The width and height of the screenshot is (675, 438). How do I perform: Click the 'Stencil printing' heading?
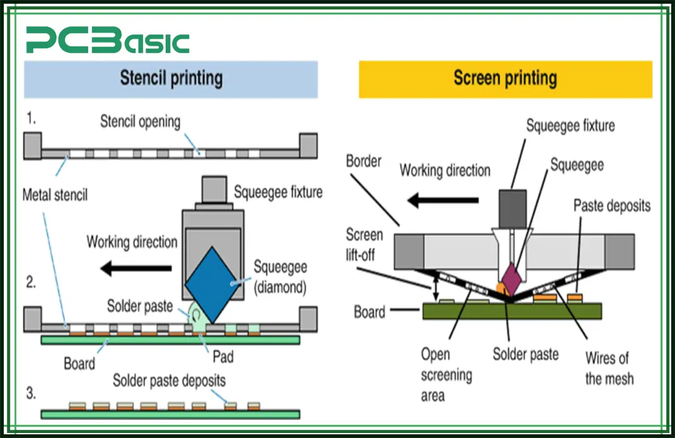[171, 78]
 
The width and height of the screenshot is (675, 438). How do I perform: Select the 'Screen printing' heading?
[505, 78]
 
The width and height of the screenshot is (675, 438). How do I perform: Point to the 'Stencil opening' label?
[140, 121]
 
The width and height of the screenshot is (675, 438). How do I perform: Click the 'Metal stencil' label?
[55, 195]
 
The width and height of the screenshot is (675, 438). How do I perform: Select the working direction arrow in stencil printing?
[136, 268]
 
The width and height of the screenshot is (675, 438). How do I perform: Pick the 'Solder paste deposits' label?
[169, 380]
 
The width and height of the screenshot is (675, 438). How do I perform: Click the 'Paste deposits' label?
[611, 205]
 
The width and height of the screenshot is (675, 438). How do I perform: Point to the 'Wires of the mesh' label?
[609, 369]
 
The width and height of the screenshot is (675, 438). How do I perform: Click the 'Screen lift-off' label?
[364, 245]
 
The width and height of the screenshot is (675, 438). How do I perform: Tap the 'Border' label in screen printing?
[363, 161]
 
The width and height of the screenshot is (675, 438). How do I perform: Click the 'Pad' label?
[222, 357]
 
